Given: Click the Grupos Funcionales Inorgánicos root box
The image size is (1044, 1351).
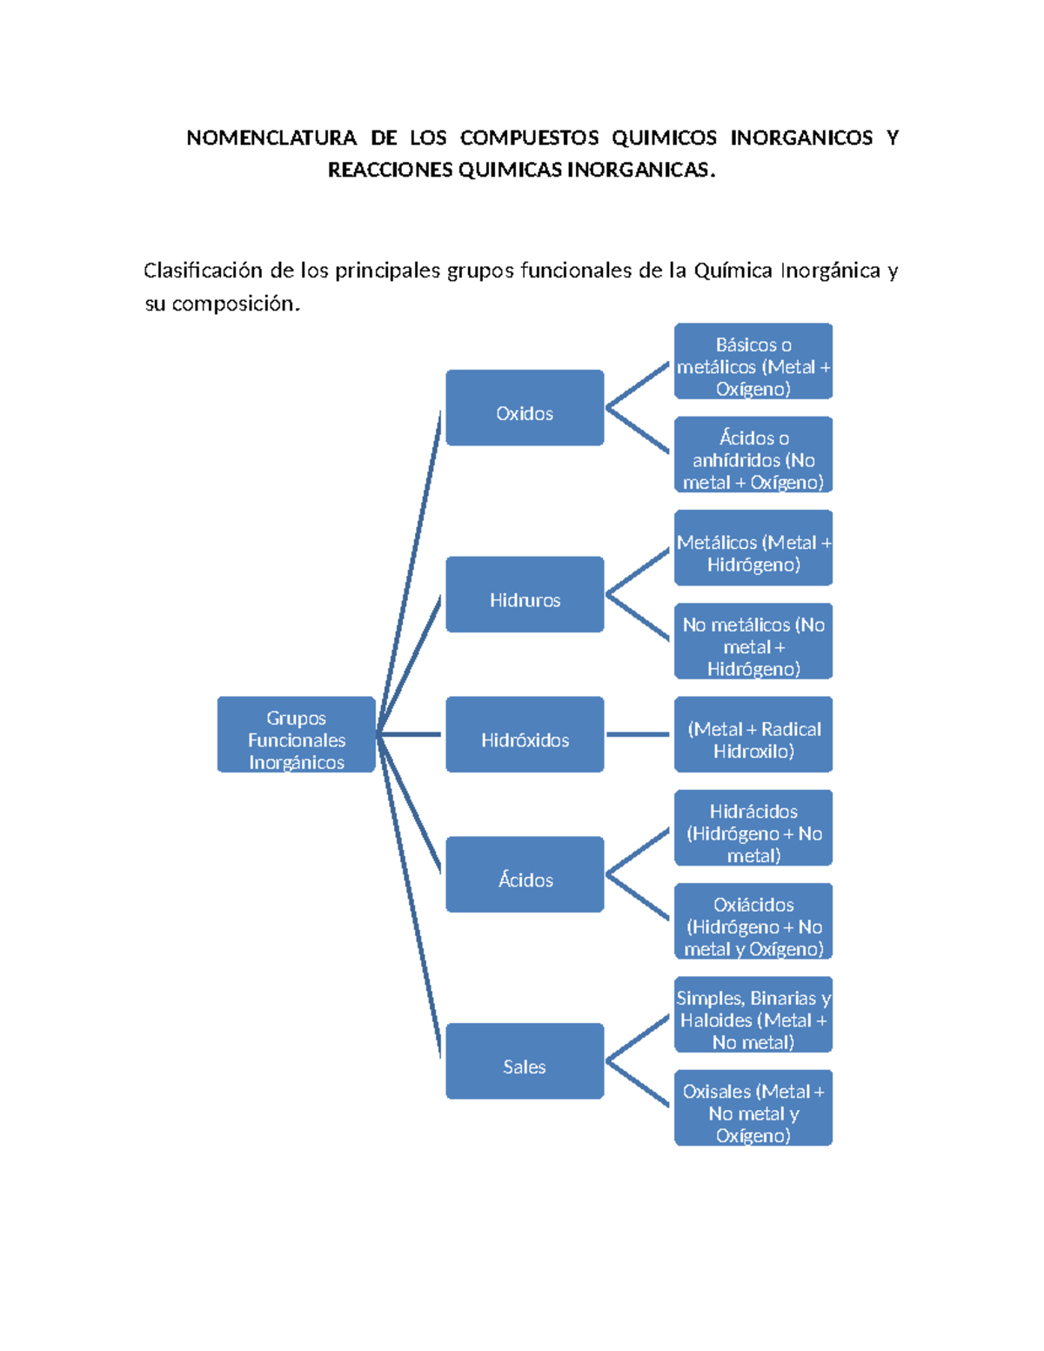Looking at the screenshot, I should point(296,734).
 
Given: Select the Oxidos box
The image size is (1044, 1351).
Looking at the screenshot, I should point(525,408).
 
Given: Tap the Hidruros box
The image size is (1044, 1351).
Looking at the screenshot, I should point(525,594).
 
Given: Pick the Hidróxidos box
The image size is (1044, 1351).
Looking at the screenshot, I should point(525,734).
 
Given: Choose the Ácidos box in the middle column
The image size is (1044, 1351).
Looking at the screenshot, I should point(525,874).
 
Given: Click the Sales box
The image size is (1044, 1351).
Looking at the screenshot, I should point(525,1061).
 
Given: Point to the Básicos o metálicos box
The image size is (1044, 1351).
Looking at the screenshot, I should point(753,361).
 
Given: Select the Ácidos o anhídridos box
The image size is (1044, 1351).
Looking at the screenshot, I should point(753,455).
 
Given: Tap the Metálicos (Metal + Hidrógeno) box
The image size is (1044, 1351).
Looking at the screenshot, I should point(753,548).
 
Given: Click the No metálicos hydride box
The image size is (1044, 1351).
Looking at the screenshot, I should point(753,641).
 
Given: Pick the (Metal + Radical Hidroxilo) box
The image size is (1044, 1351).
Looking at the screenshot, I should point(753,734).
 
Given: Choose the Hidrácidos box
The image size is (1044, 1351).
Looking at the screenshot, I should point(753,828).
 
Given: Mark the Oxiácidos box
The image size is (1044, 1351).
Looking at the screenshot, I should point(753,921).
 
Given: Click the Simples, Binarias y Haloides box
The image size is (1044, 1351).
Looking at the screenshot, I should point(753,1014).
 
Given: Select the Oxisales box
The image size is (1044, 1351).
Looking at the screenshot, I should point(753,1108).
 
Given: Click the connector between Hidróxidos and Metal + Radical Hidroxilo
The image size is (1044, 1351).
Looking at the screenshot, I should point(638,734).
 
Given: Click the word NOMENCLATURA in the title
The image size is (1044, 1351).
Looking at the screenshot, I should point(271,138).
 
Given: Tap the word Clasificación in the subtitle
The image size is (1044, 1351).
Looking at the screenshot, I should point(203,271).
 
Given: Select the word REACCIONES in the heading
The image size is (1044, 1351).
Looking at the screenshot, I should point(390,171).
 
